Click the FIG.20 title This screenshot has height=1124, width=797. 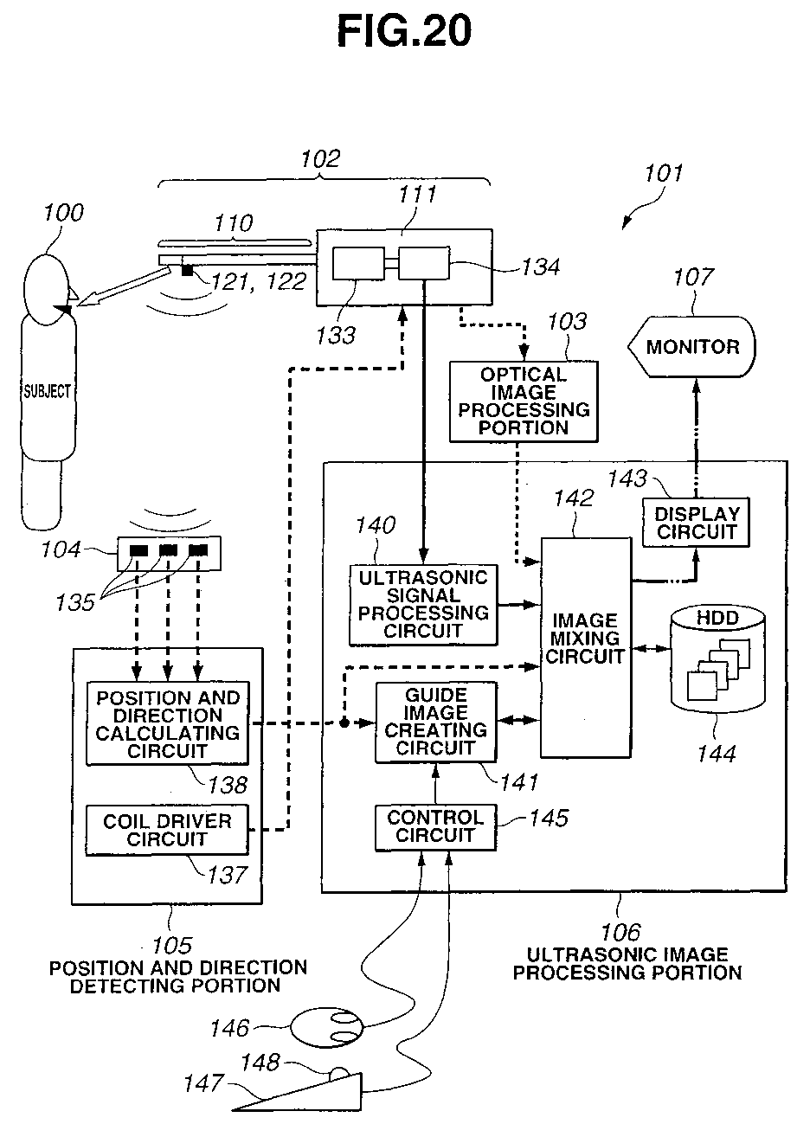pyautogui.click(x=404, y=32)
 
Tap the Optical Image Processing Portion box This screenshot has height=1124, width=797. pyautogui.click(x=524, y=401)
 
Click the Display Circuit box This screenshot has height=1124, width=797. pyautogui.click(x=696, y=523)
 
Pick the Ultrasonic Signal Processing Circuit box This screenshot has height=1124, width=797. pyautogui.click(x=423, y=604)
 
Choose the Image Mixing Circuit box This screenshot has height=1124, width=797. pyautogui.click(x=585, y=638)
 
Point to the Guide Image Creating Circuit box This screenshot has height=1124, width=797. pyautogui.click(x=436, y=722)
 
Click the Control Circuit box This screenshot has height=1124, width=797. pyautogui.click(x=435, y=826)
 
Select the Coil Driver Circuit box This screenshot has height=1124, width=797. pyautogui.click(x=166, y=830)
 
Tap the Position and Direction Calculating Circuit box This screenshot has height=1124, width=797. pyautogui.click(x=167, y=723)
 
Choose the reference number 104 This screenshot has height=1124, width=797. pyautogui.click(x=63, y=549)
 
